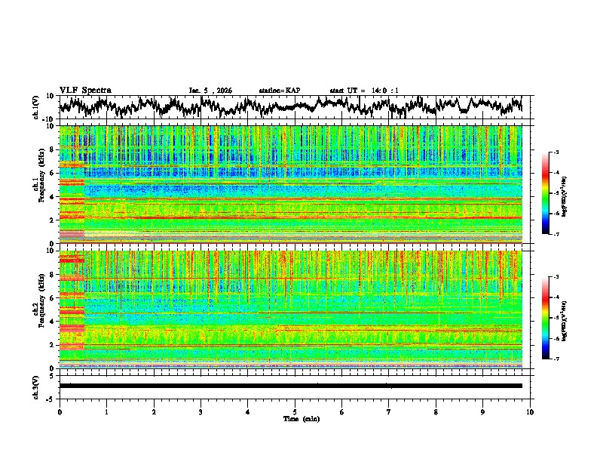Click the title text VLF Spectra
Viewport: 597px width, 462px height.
click(85, 90)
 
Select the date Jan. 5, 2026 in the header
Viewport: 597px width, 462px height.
click(210, 91)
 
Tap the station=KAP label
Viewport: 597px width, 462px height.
click(280, 91)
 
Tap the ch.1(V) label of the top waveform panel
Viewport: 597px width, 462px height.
click(36, 107)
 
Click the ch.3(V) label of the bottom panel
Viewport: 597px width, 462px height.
click(36, 386)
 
